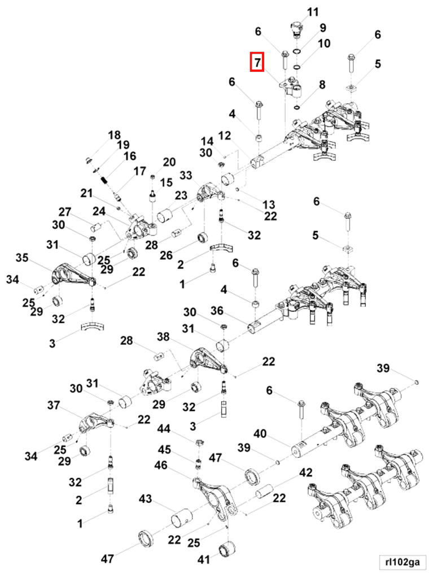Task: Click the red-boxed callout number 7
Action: pos(257,62)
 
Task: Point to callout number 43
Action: pos(146,499)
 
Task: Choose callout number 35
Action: pos(22,258)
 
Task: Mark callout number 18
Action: pos(115,135)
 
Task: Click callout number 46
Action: pos(161,465)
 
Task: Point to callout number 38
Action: pos(163,337)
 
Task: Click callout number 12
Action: pos(225,136)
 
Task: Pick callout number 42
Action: pos(305,472)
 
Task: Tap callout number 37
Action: pos(53,405)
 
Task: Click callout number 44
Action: pos(164,429)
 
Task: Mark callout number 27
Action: pos(65,212)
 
